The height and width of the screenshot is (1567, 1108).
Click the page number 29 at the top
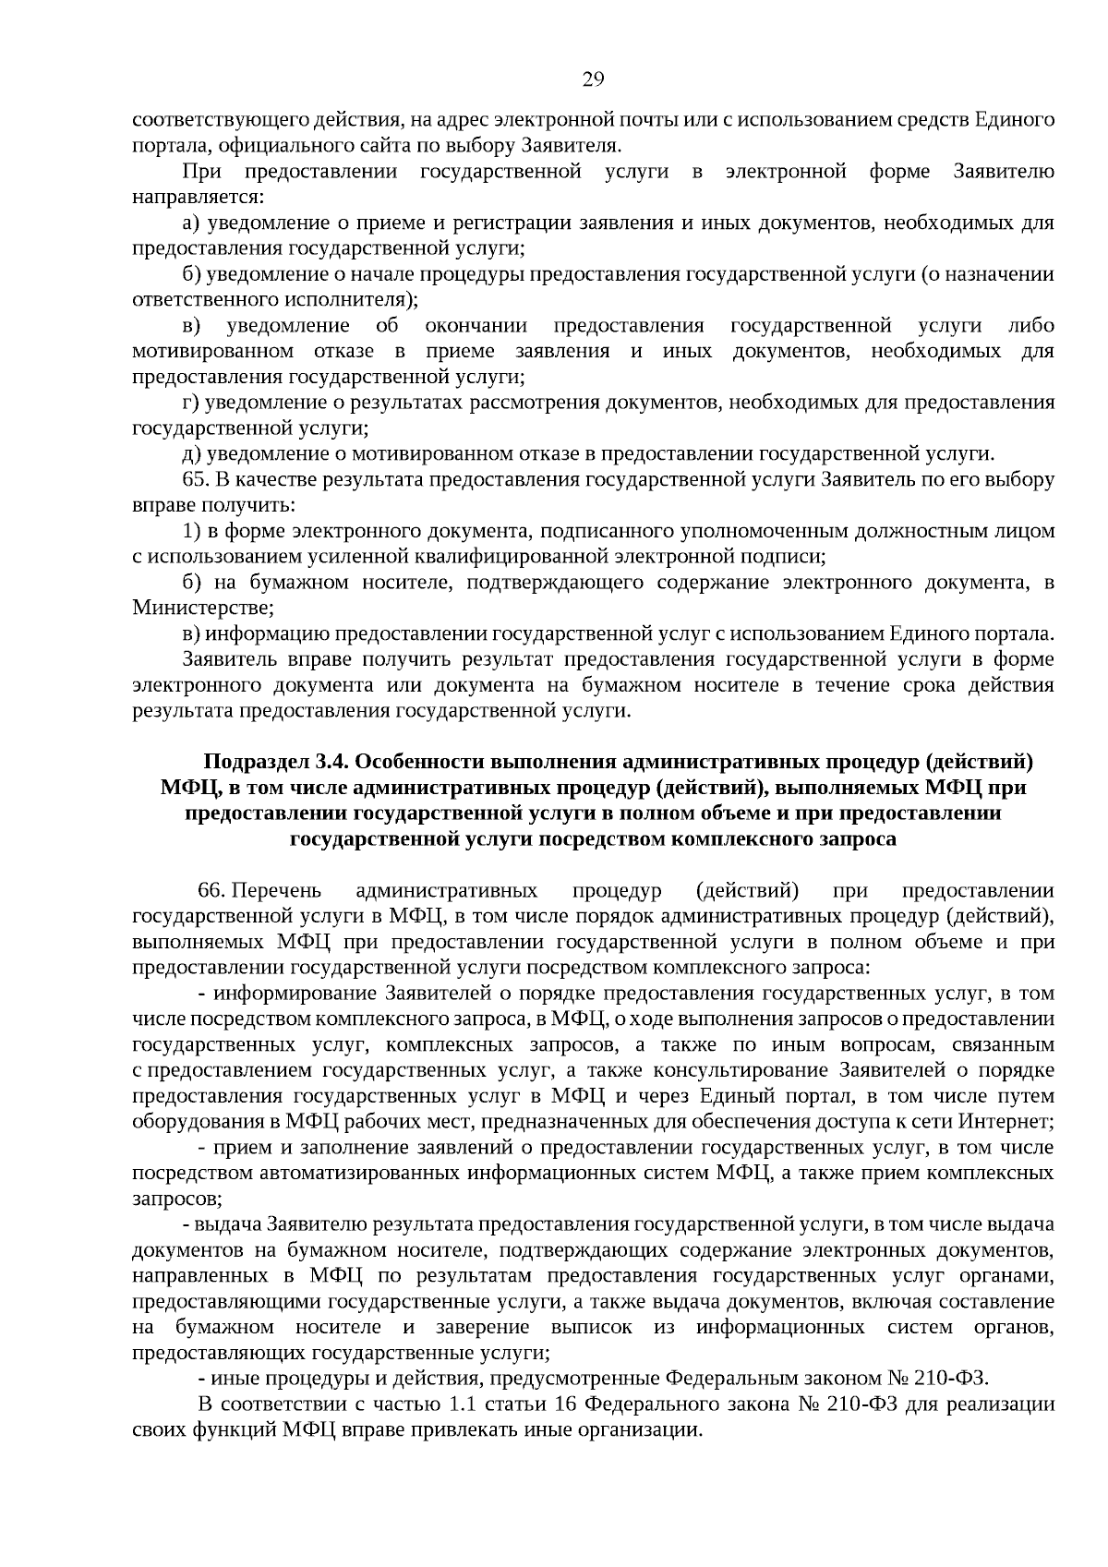[593, 79]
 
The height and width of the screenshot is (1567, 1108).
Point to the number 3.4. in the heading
[331, 762]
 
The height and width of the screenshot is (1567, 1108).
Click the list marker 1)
[192, 531]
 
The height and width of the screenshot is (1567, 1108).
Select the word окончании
[476, 326]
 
